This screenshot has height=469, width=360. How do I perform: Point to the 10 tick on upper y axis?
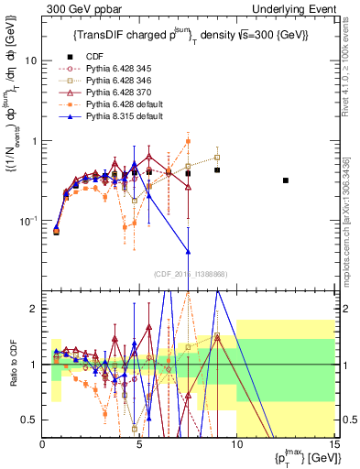pos(30,60)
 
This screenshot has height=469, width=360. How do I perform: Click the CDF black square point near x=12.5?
pos(286,180)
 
